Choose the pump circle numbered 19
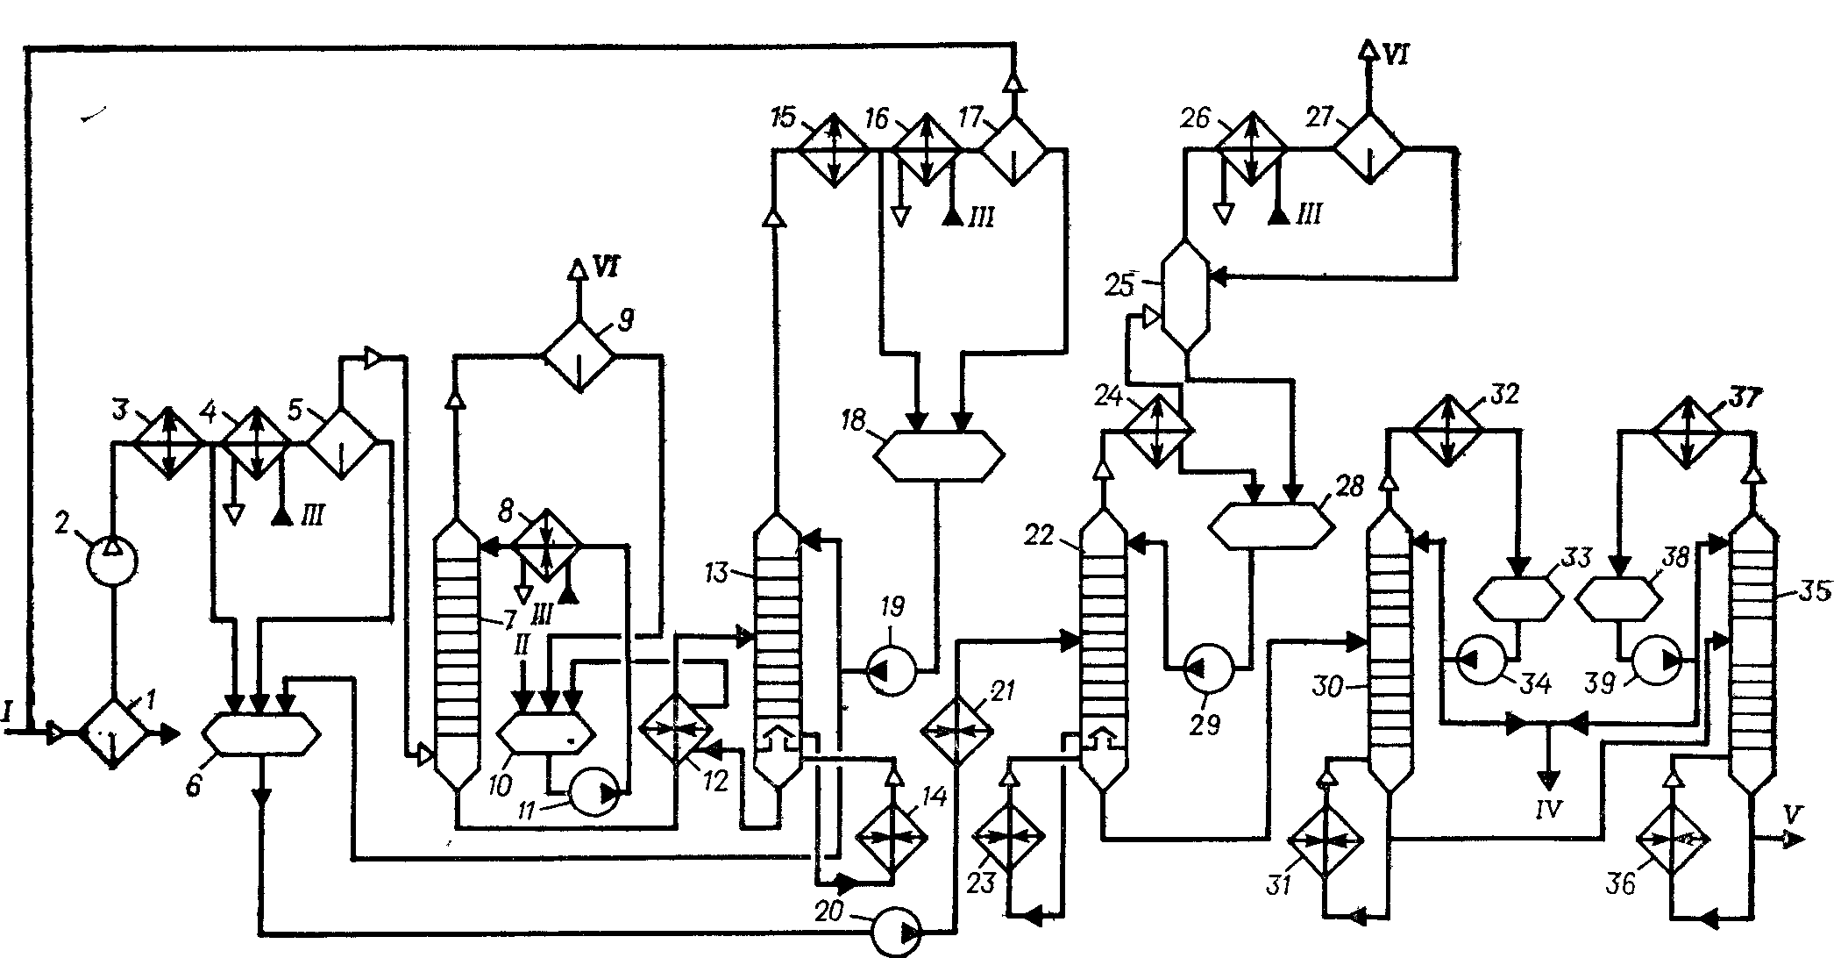[x=891, y=673]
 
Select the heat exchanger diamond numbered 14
[x=892, y=838]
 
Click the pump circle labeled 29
[x=1208, y=671]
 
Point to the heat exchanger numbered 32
[x=1446, y=430]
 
